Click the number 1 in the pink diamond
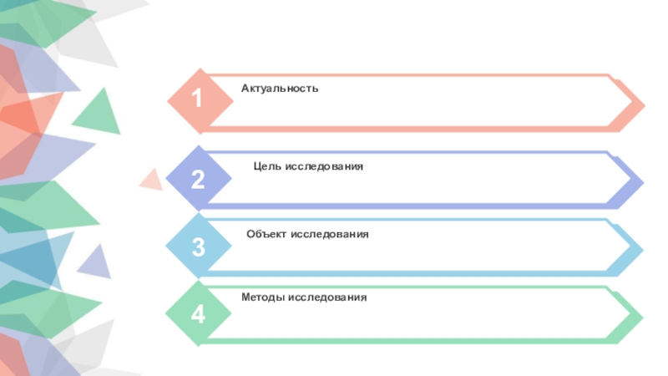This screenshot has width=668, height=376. [197, 99]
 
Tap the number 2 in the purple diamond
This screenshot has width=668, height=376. [198, 178]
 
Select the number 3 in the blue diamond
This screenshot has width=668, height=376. [198, 246]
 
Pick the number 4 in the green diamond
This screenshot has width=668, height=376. [198, 314]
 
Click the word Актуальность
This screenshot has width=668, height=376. [280, 88]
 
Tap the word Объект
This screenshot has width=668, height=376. [266, 234]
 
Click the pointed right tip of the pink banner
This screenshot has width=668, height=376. [644, 105]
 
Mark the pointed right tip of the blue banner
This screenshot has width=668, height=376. [643, 249]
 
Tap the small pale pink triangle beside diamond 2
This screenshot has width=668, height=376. [153, 179]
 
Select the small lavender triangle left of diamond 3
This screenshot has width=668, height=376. [96, 264]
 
